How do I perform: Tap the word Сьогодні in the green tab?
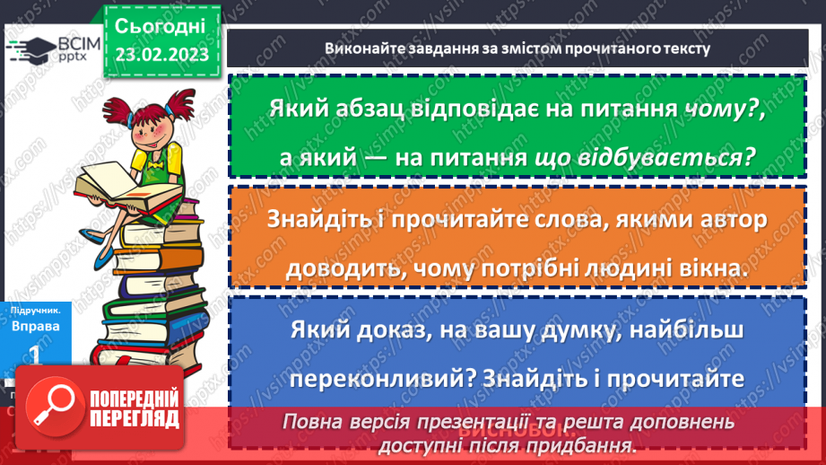(x=161, y=24)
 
